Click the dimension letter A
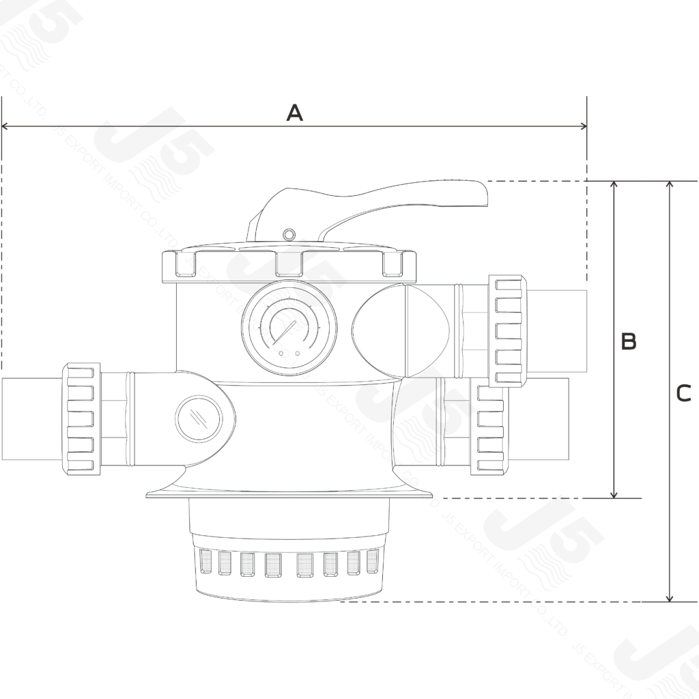[294, 113]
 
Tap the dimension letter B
[628, 341]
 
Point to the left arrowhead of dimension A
[6, 126]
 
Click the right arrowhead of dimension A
[582, 126]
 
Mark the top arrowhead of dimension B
[615, 186]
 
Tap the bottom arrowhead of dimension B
[615, 494]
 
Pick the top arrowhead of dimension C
[671, 186]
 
